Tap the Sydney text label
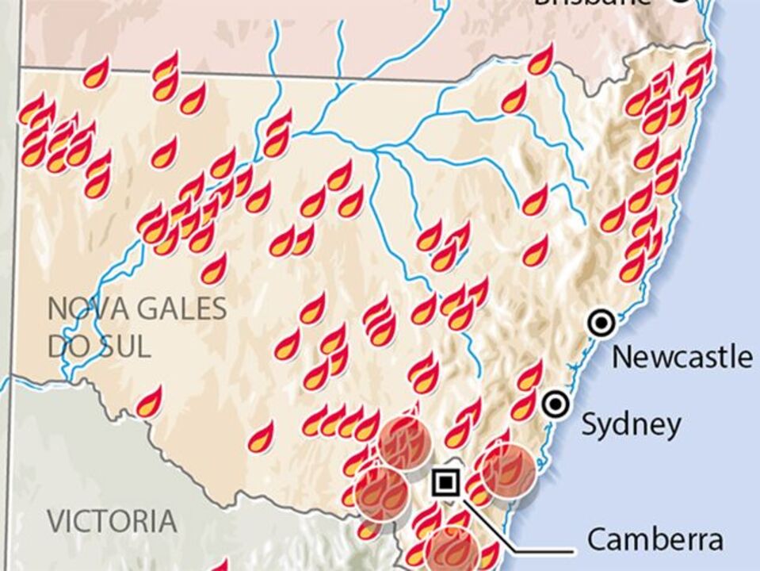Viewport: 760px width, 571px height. (x=631, y=424)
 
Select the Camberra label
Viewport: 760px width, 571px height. (x=655, y=540)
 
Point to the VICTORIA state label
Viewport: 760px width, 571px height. (x=112, y=521)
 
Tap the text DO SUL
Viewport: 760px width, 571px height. (x=99, y=347)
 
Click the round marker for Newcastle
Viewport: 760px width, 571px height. (x=602, y=323)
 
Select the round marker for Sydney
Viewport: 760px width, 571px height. (x=556, y=403)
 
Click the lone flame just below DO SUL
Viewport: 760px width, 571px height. (x=149, y=402)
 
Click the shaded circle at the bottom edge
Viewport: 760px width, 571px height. (x=451, y=550)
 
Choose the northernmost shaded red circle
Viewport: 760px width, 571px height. (x=404, y=444)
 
